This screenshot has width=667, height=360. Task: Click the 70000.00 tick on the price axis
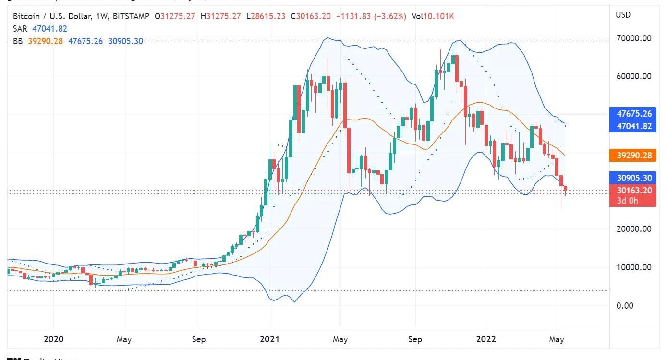[633, 38]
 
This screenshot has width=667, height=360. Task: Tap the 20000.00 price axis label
[633, 229]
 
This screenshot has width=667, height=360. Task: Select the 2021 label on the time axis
[269, 339]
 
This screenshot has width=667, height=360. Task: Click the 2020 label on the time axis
[53, 339]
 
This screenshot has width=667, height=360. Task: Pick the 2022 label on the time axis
[485, 339]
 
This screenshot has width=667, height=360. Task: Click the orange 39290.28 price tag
[633, 156]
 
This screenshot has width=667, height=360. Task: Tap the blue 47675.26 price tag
[633, 114]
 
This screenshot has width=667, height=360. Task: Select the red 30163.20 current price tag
[633, 191]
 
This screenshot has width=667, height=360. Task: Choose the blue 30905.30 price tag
[633, 178]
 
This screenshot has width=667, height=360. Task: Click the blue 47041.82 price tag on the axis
[633, 126]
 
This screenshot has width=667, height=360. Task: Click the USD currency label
[623, 15]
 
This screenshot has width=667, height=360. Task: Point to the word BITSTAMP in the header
[131, 17]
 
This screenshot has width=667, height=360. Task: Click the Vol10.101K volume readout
[433, 17]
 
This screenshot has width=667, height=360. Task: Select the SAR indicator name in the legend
[20, 29]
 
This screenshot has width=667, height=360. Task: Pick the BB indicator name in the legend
[18, 41]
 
